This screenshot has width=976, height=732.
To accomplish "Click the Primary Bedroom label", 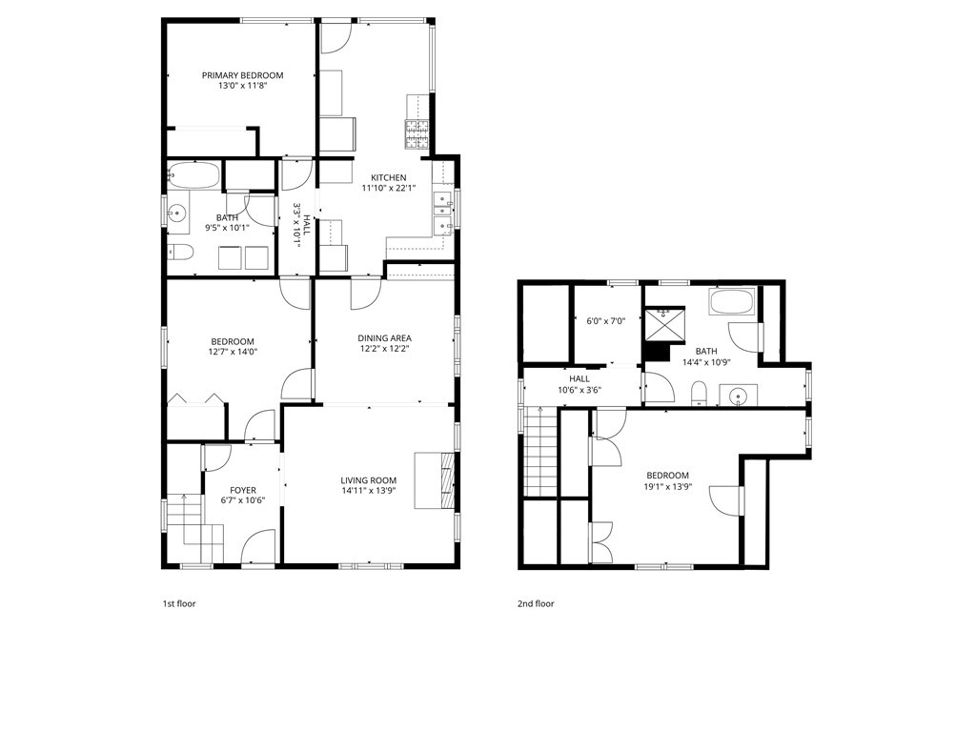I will [x=242, y=75].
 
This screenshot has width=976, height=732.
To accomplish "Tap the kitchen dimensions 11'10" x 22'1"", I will [x=388, y=188].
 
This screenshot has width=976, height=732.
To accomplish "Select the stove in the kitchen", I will [x=418, y=135].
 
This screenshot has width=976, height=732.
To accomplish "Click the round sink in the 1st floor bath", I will [x=177, y=214].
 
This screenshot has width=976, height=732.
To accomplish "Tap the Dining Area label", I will [x=384, y=337].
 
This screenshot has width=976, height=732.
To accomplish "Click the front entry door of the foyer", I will [x=257, y=550].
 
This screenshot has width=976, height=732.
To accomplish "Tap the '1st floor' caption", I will [x=178, y=603].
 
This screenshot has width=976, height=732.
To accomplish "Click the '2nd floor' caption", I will [x=537, y=603].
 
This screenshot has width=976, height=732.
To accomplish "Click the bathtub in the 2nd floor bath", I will [x=731, y=303].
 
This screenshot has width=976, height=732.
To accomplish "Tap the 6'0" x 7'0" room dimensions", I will [x=605, y=321].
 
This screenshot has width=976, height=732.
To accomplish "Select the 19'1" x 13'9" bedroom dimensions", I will [x=667, y=486].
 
